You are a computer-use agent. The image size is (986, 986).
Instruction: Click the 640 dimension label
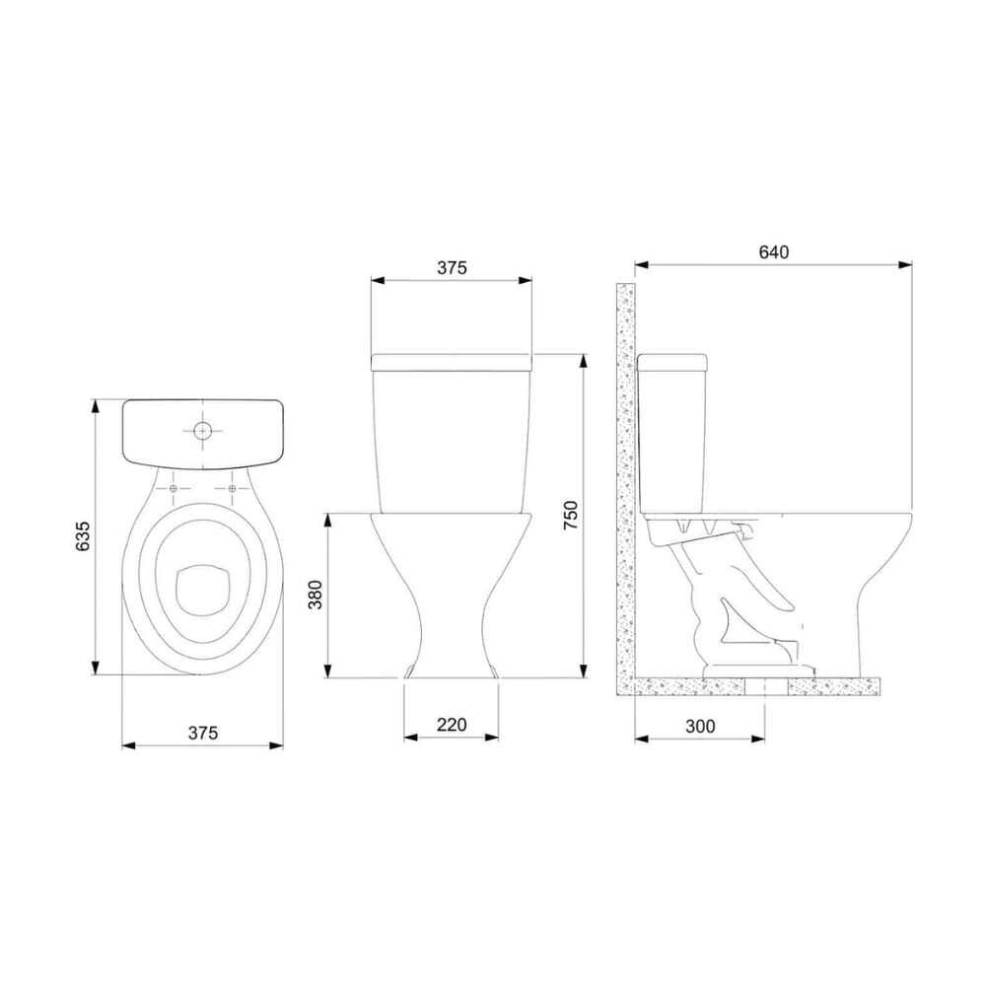click(773, 252)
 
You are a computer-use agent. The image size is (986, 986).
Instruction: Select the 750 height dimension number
click(570, 515)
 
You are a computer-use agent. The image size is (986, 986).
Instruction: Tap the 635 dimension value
click(83, 535)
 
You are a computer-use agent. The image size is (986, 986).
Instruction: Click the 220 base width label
click(452, 725)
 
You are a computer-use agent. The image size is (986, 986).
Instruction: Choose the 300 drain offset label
click(700, 726)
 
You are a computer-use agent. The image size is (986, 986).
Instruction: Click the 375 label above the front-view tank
click(453, 268)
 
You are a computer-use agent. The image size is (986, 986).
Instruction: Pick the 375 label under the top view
click(202, 733)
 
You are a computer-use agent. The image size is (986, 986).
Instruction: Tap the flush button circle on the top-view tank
click(202, 431)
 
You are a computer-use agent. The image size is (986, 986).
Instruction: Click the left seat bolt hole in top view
click(174, 489)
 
